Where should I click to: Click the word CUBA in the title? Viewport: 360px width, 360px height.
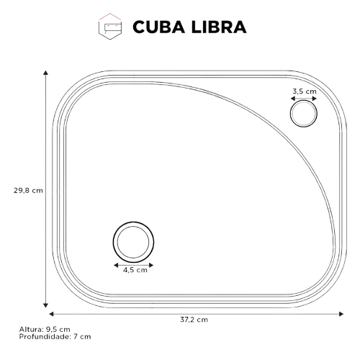click(158, 27)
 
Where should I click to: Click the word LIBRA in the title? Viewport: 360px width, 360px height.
click(219, 27)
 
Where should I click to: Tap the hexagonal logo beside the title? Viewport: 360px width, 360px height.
click(110, 27)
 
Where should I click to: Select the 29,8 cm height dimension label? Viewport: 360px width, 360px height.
click(28, 191)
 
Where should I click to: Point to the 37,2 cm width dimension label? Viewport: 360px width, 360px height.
click(194, 320)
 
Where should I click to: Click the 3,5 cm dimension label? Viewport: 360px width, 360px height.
click(305, 91)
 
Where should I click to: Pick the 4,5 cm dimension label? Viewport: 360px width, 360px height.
click(135, 270)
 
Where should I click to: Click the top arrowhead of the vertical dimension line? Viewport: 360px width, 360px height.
click(45, 73)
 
